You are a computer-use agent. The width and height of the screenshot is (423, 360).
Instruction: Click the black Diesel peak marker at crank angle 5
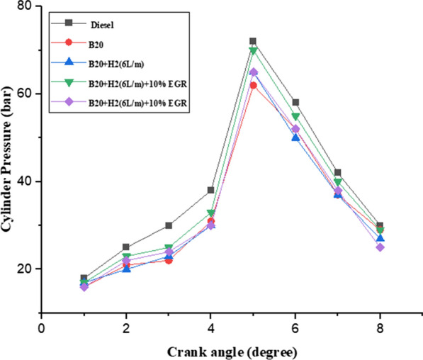coord(252,41)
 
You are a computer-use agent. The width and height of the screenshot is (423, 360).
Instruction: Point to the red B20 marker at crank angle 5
coord(252,85)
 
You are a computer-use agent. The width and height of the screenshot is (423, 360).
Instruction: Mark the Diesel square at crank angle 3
coord(168,225)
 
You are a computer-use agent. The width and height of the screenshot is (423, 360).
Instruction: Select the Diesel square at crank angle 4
coord(210,190)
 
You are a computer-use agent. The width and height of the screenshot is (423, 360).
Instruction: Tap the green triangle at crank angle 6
coord(295,116)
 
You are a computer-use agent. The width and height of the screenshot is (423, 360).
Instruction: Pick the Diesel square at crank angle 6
coord(295,103)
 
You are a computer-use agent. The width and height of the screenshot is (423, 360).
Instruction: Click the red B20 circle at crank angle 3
coord(168,260)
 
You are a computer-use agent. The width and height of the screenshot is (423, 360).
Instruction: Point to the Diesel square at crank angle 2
coord(126,247)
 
